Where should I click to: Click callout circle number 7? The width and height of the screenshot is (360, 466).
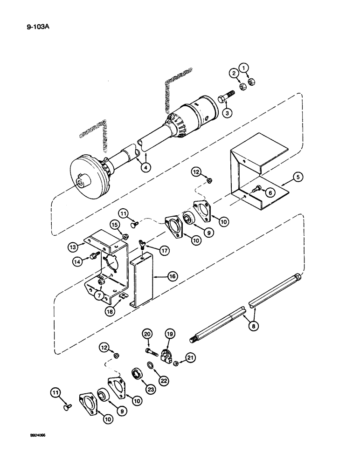[x=100, y=295]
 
